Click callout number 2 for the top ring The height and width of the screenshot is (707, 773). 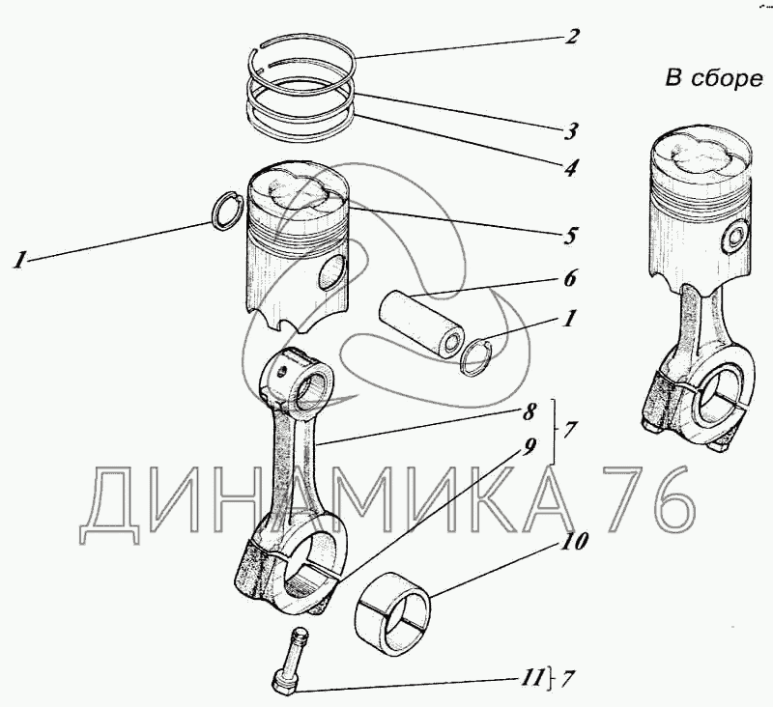pos(573,38)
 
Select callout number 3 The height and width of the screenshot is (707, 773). pos(572,129)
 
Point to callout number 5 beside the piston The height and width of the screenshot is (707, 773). pos(572,235)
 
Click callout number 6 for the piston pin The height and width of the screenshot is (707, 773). pos(570,279)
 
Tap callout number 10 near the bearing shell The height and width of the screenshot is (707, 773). pos(573,542)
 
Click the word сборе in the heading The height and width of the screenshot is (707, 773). pos(727,79)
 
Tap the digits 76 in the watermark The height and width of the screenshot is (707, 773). pos(648,499)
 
